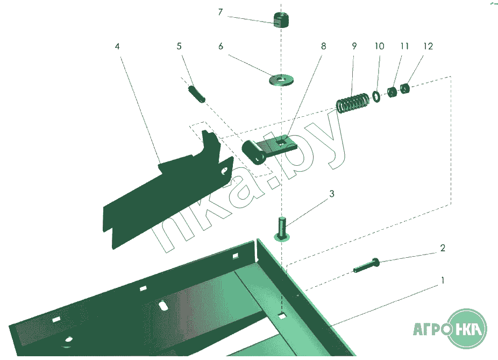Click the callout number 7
(x=220, y=12)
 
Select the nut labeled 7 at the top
(x=281, y=20)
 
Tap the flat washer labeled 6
(x=281, y=80)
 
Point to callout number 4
(x=117, y=46)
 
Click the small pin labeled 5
(x=197, y=94)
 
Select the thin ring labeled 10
(x=376, y=97)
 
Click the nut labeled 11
(x=392, y=92)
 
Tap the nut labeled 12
(x=404, y=88)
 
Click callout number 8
(x=323, y=46)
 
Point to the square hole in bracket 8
(x=281, y=142)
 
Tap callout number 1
(x=443, y=280)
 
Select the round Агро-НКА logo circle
(x=467, y=329)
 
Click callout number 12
(x=428, y=46)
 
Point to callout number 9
(x=354, y=46)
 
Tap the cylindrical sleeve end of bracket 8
(x=253, y=152)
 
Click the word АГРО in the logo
(x=431, y=329)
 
